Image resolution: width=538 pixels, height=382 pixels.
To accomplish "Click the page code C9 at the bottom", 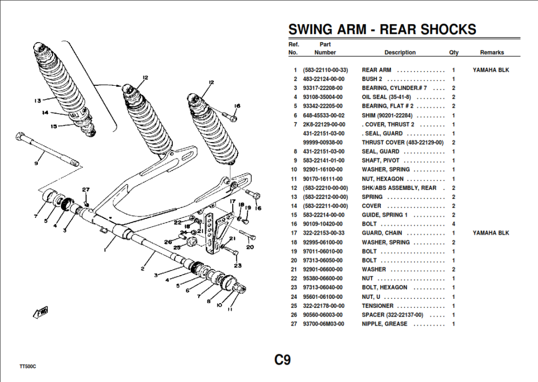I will click(x=282, y=360).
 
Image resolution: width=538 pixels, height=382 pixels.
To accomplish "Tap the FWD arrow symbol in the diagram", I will click(x=41, y=312).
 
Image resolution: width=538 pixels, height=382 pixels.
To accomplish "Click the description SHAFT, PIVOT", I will click(x=380, y=160).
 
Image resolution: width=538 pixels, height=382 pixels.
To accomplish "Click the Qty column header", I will click(x=453, y=53).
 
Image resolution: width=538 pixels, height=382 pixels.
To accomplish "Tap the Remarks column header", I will click(x=492, y=53).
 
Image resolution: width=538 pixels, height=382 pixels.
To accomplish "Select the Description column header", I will click(x=400, y=53).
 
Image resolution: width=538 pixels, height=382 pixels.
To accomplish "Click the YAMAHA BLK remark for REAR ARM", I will click(x=491, y=70).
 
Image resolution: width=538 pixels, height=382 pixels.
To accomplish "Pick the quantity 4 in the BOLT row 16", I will click(x=453, y=224).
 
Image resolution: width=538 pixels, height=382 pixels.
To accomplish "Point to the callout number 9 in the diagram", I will click(x=36, y=163).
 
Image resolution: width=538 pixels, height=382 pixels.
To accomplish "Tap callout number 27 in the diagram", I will click(x=86, y=189).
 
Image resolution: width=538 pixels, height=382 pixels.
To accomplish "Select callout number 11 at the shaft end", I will click(x=230, y=310).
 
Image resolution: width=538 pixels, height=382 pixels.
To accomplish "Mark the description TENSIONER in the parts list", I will click(x=377, y=306).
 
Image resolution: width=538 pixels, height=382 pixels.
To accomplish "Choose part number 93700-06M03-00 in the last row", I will click(x=323, y=324).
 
